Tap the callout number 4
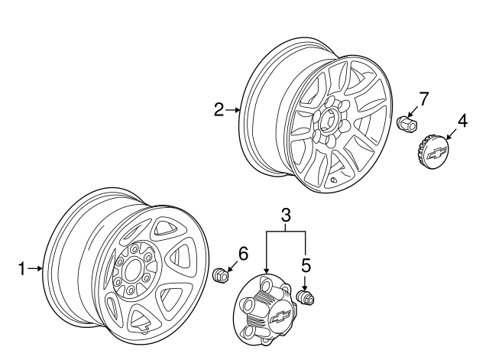point(461,121)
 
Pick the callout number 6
point(243,253)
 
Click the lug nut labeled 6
point(221,274)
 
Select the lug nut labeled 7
point(406,122)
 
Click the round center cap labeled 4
point(432,151)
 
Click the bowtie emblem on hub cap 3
point(280,315)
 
